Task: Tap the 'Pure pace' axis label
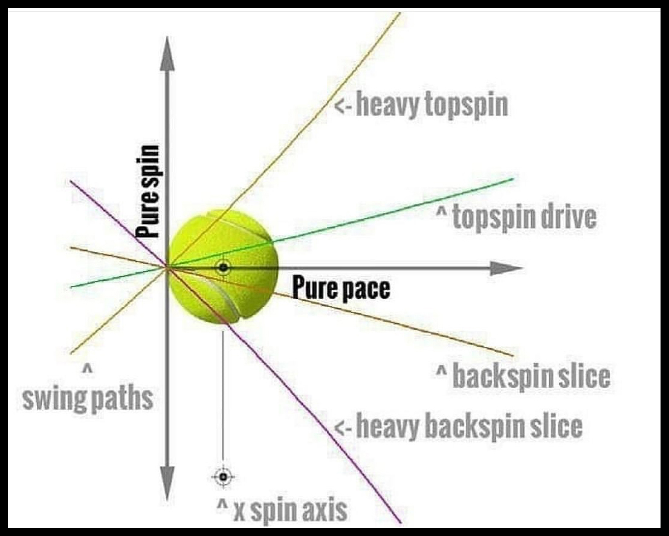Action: (x=341, y=288)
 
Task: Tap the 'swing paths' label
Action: (x=88, y=399)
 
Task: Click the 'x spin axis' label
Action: (x=282, y=511)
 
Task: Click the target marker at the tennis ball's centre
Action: (x=223, y=267)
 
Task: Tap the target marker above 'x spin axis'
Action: (x=224, y=477)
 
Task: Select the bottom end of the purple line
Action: (x=399, y=521)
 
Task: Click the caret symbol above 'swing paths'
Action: (x=87, y=368)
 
